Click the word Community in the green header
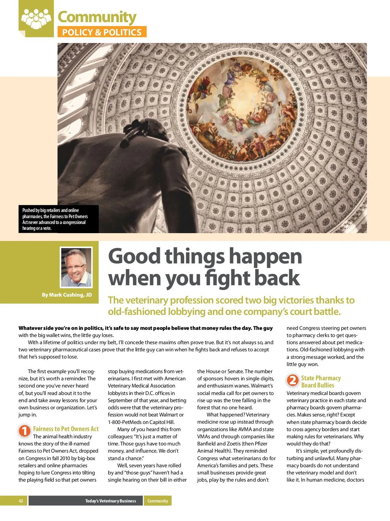[97, 17]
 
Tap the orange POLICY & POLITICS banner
[102, 32]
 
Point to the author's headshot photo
[76, 267]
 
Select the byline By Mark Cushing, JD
[67, 295]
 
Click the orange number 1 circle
[24, 431]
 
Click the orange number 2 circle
[292, 380]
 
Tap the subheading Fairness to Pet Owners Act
[66, 429]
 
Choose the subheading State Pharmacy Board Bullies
[320, 381]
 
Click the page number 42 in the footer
[21, 501]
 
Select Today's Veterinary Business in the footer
[110, 501]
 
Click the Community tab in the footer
[158, 501]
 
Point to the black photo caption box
[58, 219]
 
